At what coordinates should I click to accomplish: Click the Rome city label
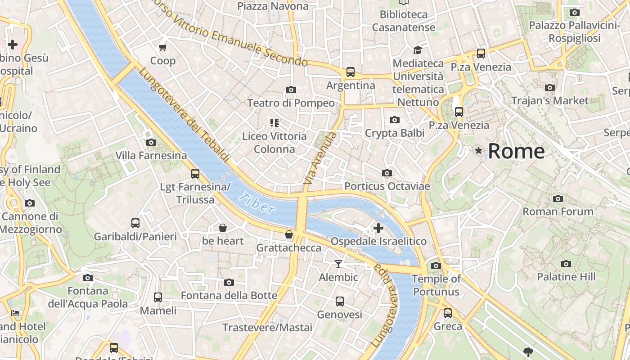(516, 151)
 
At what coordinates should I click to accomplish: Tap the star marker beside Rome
(478, 151)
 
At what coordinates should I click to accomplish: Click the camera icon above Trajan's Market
(549, 88)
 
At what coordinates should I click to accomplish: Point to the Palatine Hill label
(566, 277)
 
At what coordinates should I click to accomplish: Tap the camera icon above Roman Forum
(558, 198)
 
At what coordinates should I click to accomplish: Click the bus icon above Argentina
(351, 72)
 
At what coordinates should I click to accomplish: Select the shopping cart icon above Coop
(162, 47)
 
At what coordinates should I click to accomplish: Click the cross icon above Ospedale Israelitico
(378, 228)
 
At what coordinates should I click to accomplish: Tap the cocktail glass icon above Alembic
(338, 264)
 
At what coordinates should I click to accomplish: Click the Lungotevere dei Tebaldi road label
(184, 115)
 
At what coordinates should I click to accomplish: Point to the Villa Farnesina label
(151, 156)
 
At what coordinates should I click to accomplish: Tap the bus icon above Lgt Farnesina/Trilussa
(195, 173)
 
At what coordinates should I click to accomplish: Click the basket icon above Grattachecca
(289, 234)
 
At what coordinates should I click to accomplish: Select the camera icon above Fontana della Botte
(229, 282)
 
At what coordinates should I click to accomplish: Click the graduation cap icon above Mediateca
(418, 50)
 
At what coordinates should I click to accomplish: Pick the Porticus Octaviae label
(387, 186)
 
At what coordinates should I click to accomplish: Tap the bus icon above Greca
(448, 313)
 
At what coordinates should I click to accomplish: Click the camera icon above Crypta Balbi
(395, 120)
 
